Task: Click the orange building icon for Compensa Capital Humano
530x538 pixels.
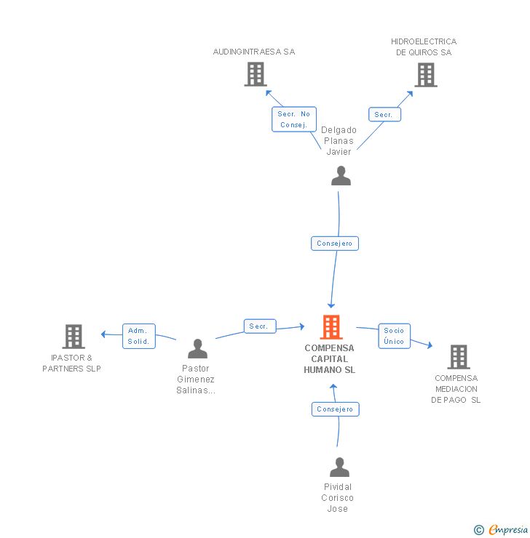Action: [x=331, y=327]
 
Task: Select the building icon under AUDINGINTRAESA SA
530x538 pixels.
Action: [x=256, y=74]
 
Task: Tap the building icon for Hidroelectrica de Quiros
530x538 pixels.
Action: [x=426, y=75]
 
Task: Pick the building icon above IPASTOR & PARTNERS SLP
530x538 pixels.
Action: [x=74, y=337]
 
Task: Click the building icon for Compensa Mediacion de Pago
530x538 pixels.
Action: [x=459, y=357]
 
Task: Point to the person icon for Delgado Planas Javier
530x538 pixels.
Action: [x=341, y=176]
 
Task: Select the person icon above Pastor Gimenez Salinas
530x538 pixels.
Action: [x=198, y=348]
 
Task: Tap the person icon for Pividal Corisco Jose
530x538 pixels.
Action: [x=340, y=467]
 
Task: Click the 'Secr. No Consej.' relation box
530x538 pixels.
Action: [x=294, y=119]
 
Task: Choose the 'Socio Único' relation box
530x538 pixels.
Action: [x=395, y=336]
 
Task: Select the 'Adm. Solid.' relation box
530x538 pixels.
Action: [x=139, y=336]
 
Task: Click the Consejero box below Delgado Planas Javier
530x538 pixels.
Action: [x=335, y=244]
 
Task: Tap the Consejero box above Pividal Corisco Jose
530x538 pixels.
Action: [x=335, y=409]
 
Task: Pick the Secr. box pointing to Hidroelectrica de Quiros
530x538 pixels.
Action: [x=384, y=115]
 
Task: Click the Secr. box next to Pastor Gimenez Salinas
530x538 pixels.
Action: [x=260, y=326]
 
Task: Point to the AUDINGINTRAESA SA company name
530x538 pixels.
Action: [x=254, y=52]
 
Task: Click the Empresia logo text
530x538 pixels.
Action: [x=508, y=530]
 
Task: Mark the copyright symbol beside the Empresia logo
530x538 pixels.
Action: [x=479, y=530]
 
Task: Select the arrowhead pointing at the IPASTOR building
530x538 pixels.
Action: [x=103, y=334]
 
